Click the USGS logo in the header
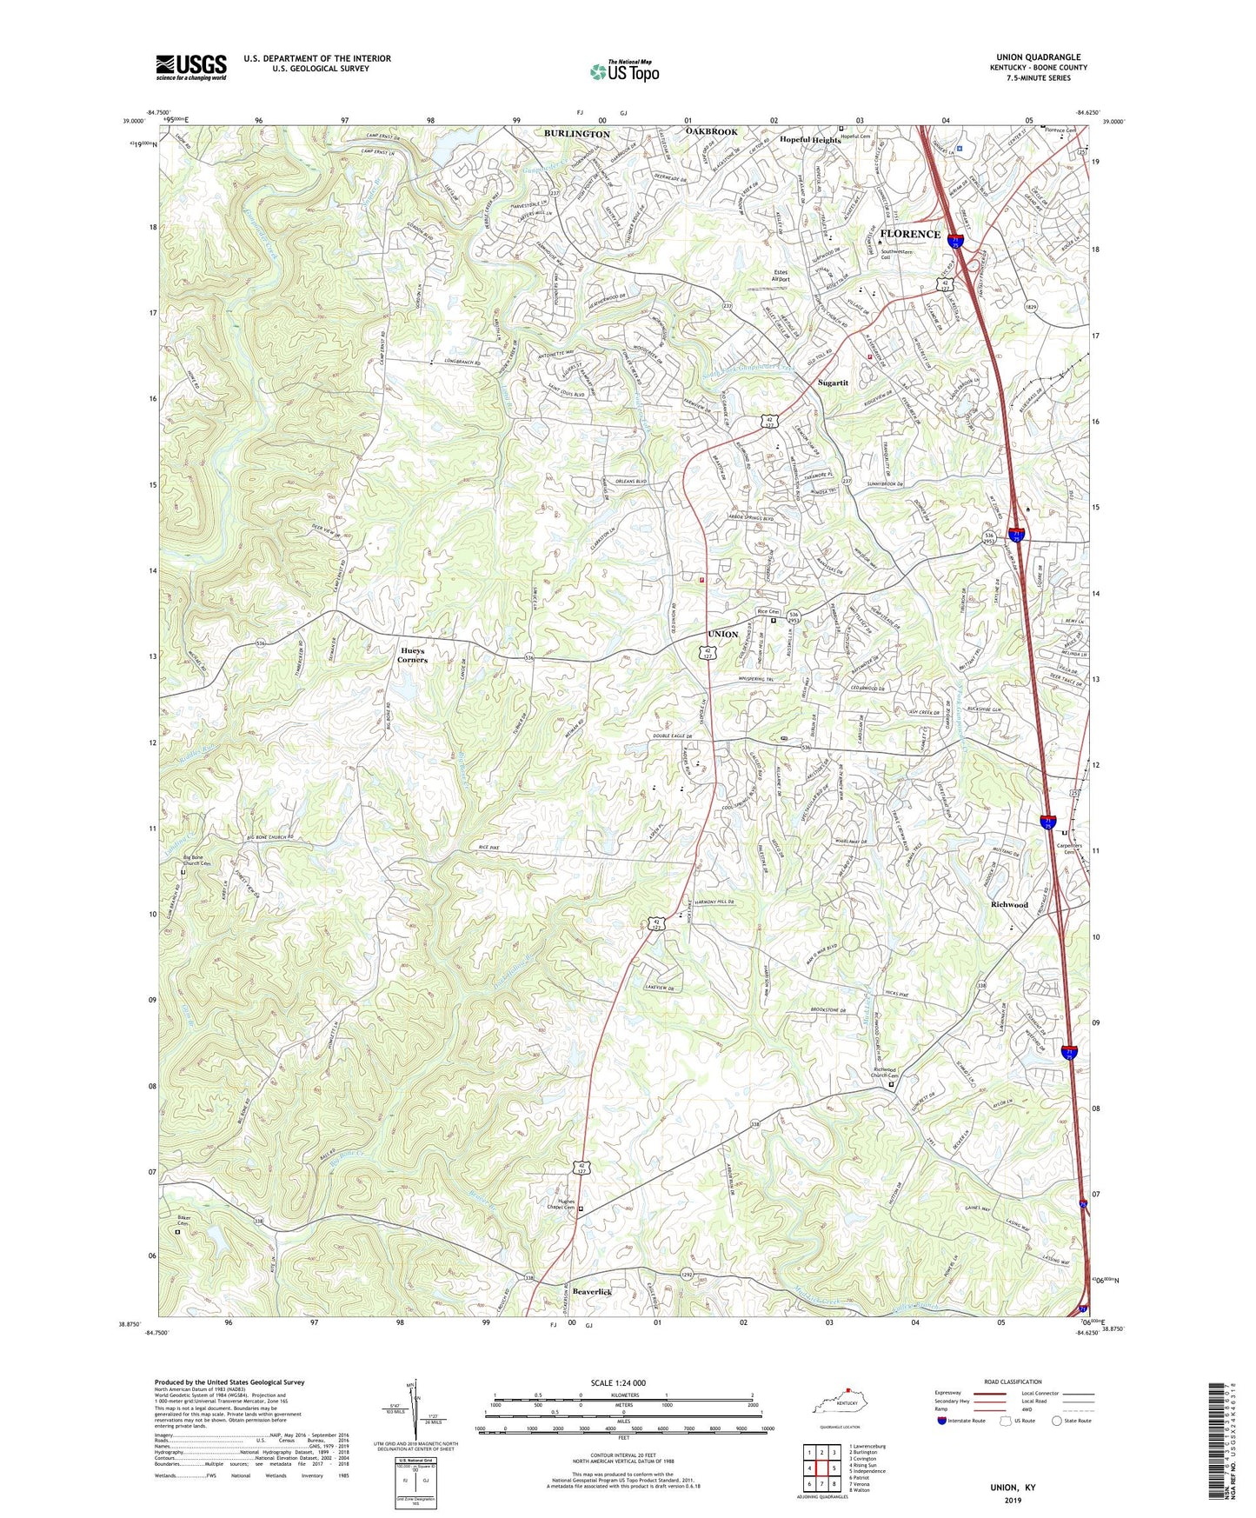(x=191, y=67)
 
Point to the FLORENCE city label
(x=910, y=234)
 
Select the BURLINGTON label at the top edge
(x=577, y=134)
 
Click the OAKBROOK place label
(x=711, y=131)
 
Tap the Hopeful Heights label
(x=809, y=140)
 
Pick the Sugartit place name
(x=833, y=383)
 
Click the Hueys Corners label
(x=413, y=655)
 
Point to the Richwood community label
(x=1009, y=905)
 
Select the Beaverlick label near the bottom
(x=591, y=1293)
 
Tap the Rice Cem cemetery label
(x=768, y=612)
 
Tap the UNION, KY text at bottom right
(x=1013, y=1488)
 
